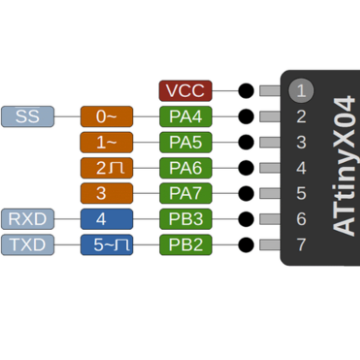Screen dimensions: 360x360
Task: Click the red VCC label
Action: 185,91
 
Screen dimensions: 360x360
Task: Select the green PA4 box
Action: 185,117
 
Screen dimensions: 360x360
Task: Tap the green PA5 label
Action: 185,142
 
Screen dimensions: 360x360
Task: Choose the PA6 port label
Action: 185,167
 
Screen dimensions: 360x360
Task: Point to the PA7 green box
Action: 185,193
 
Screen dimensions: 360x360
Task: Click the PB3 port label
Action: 185,219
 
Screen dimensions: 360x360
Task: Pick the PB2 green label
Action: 185,245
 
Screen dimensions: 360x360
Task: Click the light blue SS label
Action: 27,117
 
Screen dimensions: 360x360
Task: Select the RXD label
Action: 27,219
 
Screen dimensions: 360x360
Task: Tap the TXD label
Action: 27,245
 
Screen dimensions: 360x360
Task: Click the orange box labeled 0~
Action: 106,117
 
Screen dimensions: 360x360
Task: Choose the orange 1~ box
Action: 106,142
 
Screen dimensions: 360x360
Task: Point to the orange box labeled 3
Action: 106,193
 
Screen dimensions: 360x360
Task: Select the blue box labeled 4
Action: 106,219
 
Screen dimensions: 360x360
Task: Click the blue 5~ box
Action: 106,245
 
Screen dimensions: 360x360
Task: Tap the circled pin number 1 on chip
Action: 301,91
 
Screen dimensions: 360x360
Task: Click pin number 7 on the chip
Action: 301,245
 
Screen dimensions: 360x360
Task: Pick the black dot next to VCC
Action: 246,91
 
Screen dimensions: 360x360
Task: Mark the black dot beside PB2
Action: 246,245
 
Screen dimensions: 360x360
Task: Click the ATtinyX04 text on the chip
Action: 344,167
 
